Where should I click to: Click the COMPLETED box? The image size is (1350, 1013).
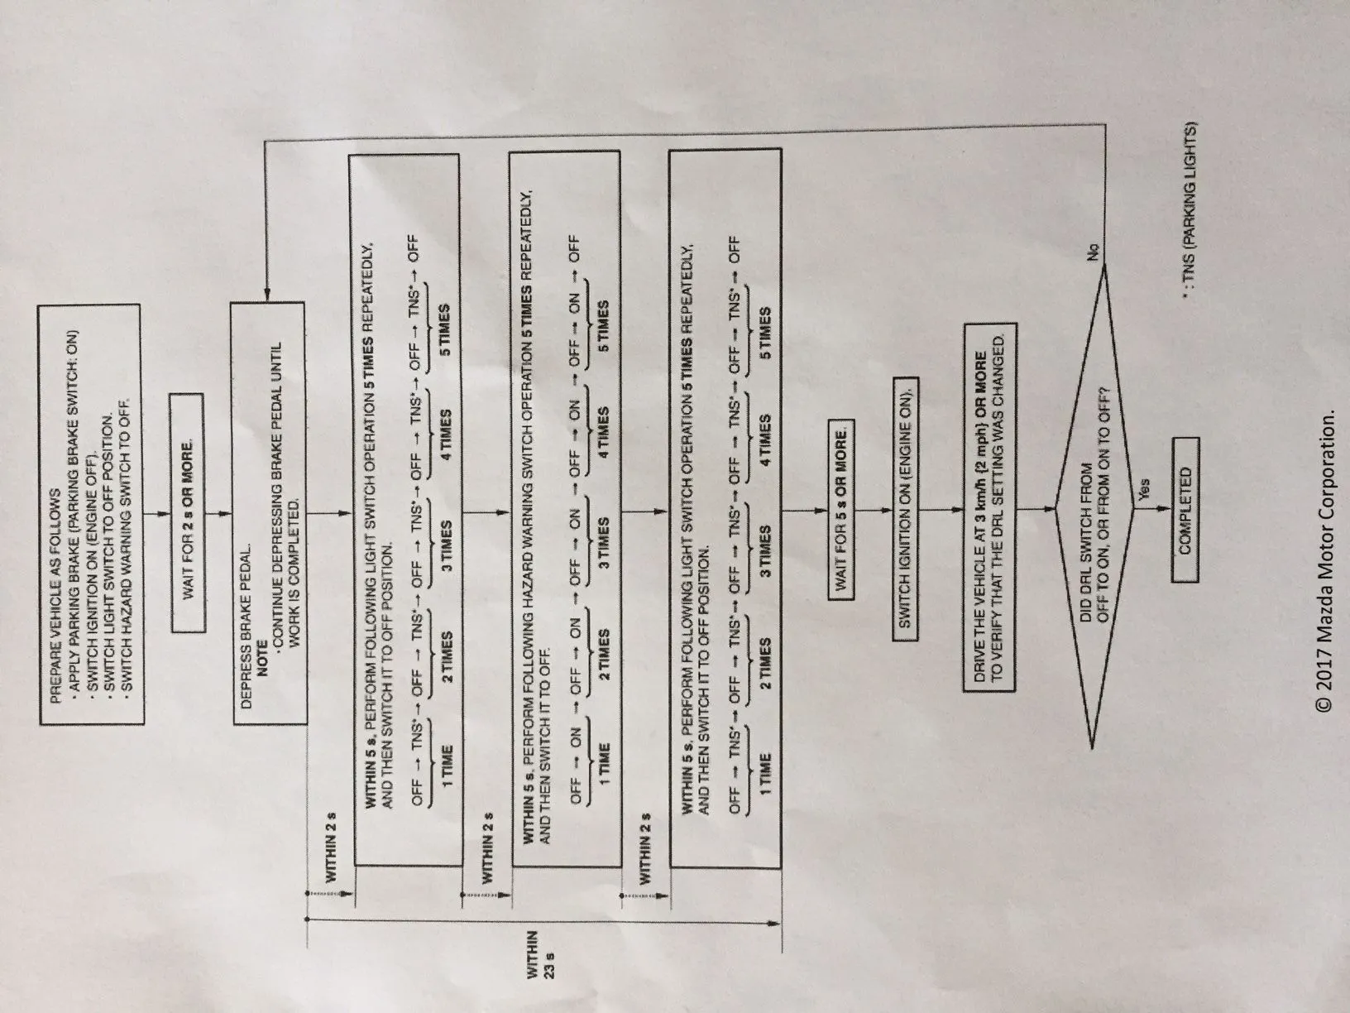point(1184,511)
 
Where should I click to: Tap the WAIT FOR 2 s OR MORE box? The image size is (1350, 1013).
point(187,511)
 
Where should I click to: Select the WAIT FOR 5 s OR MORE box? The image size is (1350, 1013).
point(840,511)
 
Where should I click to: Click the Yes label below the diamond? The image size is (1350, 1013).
point(1145,491)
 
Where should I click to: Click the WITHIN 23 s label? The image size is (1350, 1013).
point(542,958)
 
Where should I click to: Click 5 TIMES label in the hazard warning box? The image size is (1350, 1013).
point(603,325)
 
